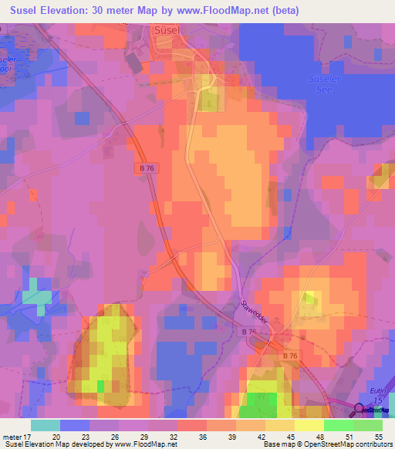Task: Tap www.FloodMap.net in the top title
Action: point(214,11)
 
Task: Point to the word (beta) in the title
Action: point(282,11)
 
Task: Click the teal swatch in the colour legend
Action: point(46,425)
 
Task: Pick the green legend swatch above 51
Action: point(339,425)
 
